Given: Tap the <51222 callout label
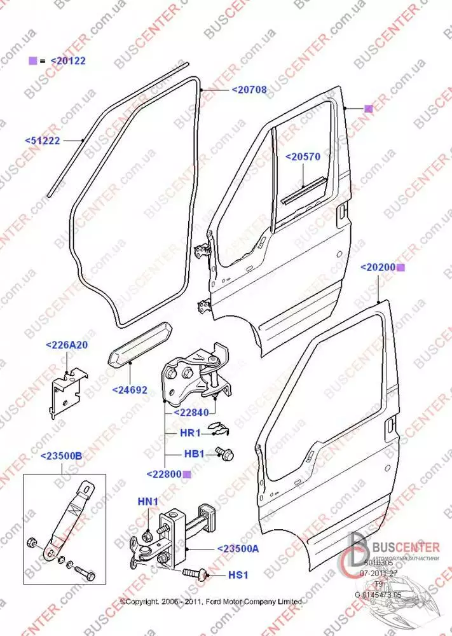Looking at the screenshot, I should (x=43, y=141).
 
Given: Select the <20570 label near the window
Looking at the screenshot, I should (x=303, y=156).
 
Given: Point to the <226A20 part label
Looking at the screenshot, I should (x=66, y=345).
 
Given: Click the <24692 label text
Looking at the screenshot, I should (x=130, y=389).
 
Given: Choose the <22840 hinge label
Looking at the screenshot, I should (x=192, y=412).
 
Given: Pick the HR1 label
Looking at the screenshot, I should (x=191, y=433).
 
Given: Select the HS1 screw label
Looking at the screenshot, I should (x=237, y=574).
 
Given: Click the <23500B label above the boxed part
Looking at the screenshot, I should (x=61, y=456).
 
